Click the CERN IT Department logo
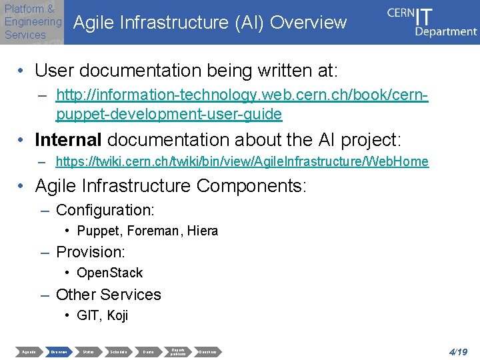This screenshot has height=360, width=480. point(431,21)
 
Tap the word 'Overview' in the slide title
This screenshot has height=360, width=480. point(309,23)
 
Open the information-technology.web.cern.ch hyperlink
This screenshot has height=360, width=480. point(241,105)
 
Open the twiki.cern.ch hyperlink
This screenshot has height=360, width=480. point(242,161)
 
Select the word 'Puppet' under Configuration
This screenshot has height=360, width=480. point(96,231)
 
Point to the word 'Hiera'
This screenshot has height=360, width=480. point(203,231)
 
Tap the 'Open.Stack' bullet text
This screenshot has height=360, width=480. point(109,273)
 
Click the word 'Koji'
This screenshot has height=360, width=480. point(117,315)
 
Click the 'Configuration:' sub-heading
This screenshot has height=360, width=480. point(105,210)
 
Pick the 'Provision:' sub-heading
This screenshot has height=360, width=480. point(91,252)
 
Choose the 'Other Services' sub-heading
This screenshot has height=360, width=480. point(109,295)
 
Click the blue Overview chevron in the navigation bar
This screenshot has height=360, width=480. point(59,351)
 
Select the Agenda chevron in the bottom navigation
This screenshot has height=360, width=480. point(29,351)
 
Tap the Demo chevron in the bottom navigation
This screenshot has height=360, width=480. point(148,351)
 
